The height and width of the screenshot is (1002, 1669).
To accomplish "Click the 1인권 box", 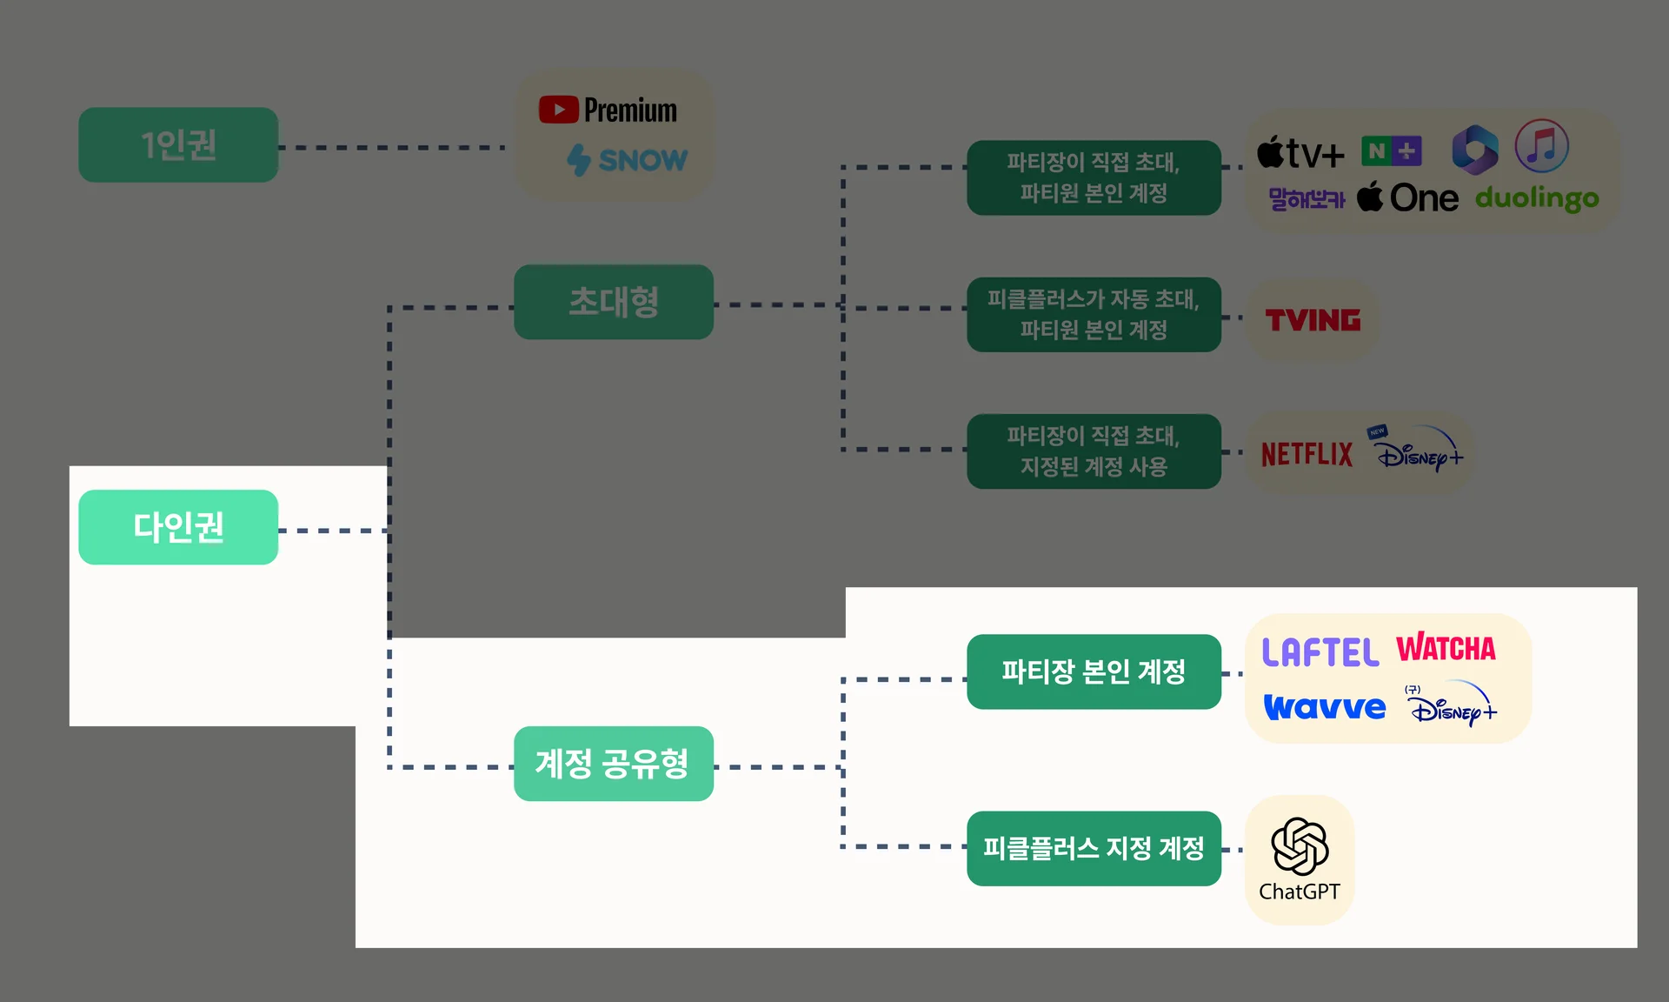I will click(178, 144).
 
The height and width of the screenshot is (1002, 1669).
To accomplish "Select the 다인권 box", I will click(178, 527).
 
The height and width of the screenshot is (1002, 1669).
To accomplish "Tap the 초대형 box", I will click(614, 302).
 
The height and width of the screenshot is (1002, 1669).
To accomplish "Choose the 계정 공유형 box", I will click(614, 764).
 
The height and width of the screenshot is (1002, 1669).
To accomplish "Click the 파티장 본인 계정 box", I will click(1094, 671).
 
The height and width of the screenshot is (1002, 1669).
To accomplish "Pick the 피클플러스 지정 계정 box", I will click(1094, 848).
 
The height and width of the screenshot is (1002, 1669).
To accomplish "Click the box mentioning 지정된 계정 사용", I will click(1094, 451).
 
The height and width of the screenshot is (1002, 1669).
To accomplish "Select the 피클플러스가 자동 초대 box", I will click(1094, 315).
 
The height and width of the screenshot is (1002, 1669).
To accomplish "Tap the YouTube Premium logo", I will click(608, 110).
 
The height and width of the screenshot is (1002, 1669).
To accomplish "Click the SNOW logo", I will click(627, 160).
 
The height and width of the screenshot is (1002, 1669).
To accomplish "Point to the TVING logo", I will click(1313, 320).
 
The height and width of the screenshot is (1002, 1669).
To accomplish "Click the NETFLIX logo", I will click(1307, 454).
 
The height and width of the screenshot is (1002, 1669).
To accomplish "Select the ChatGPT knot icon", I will click(1300, 845).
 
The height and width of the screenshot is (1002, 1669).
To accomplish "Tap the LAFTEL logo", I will click(1320, 652).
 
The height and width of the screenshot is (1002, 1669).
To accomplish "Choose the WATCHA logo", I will click(1446, 649).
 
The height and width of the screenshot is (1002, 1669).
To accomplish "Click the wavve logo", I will click(1325, 707).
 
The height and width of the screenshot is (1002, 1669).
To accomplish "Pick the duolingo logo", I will click(1537, 199).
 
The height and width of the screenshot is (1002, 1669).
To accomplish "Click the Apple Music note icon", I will click(1541, 146).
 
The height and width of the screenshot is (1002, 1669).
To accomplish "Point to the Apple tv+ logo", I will click(1300, 153).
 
